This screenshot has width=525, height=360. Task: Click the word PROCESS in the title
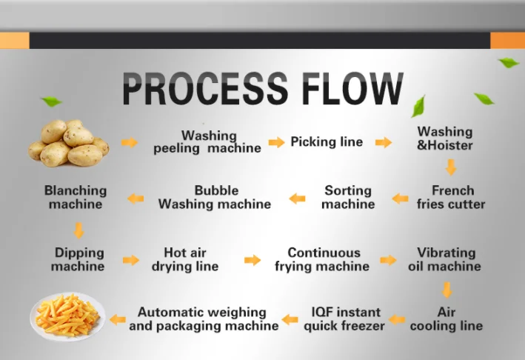tap(205, 88)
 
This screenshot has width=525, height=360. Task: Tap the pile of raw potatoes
tap(69, 143)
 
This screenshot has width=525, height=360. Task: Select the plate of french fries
tap(68, 316)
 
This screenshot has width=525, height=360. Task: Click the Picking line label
tap(327, 141)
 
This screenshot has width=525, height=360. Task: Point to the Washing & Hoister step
tap(444, 139)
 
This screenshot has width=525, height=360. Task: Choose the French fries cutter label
tap(451, 197)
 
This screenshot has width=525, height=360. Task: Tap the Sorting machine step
tap(348, 197)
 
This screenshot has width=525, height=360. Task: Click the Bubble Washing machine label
tap(215, 197)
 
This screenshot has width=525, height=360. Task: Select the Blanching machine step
tap(76, 197)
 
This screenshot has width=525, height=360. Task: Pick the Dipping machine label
tap(78, 259)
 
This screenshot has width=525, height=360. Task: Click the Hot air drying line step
tap(185, 259)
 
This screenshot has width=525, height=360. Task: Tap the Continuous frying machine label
tap(322, 259)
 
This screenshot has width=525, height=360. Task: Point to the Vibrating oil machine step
tap(444, 259)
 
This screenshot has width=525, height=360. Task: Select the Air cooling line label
tap(447, 319)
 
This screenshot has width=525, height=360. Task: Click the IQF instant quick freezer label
tap(344, 319)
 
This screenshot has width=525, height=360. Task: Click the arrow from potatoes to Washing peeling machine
tap(130, 142)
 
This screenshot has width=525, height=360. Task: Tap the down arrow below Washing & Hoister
tap(451, 167)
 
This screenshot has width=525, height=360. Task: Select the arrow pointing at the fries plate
tap(118, 320)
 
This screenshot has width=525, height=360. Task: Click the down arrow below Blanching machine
tap(79, 230)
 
